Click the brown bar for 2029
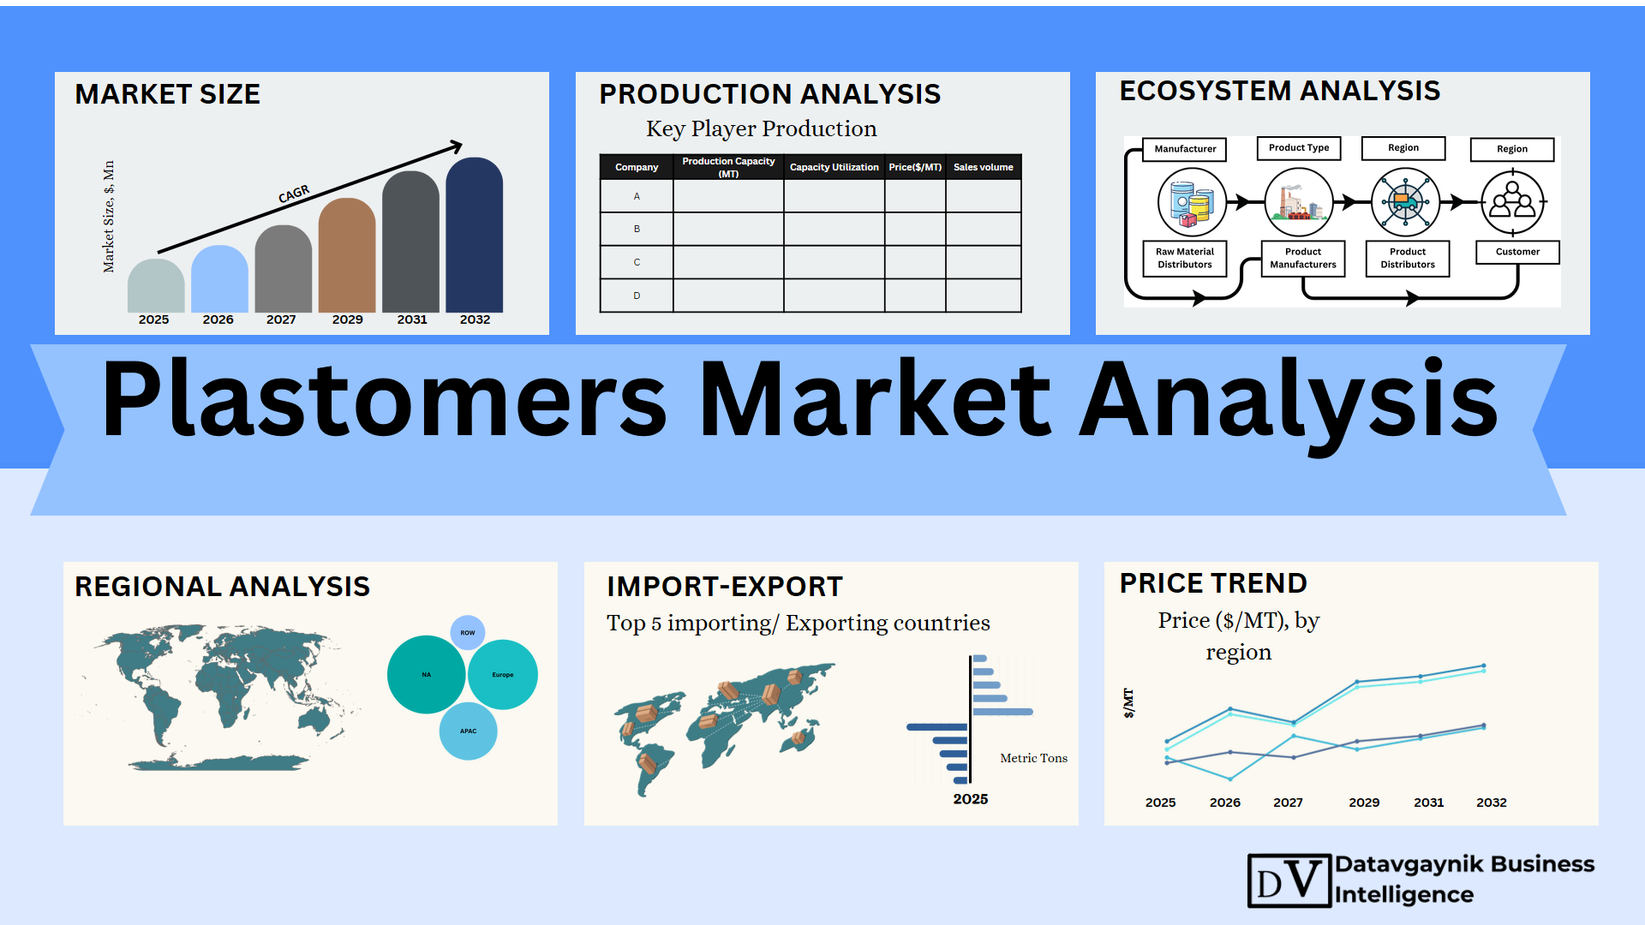347,255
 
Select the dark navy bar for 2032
475,235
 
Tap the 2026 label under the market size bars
218,319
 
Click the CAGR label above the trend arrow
294,194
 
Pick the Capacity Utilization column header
834,167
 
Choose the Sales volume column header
983,167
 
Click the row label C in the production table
637,262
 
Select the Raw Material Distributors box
1185,258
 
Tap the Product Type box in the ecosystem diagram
1299,148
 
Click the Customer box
1517,252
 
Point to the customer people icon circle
1513,203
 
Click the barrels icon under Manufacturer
1192,203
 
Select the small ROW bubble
468,633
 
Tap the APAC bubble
468,731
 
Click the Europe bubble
503,675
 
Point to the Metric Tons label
1033,758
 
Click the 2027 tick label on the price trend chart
1288,803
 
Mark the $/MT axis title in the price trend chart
1128,703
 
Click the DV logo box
1289,880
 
